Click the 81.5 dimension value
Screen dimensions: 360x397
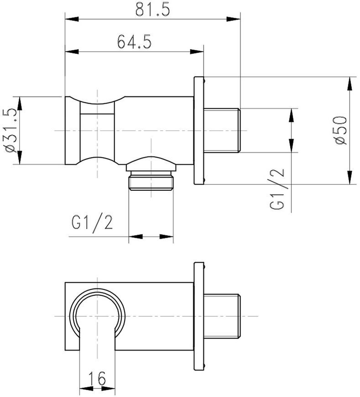pos(152,10)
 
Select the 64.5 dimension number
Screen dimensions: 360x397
pos(135,42)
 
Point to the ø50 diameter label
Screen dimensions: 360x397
pos(340,130)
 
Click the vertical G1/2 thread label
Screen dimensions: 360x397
pos(277,189)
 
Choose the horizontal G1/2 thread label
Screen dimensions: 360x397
pos(92,222)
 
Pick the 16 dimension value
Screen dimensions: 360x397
pos(97,378)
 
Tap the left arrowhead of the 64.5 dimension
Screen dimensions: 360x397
pos(72,52)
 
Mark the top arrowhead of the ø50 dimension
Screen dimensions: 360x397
pos(350,84)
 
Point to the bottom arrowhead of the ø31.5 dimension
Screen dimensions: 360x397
pos(20,158)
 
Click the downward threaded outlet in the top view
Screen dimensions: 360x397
pos(151,180)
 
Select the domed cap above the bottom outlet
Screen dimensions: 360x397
pos(151,163)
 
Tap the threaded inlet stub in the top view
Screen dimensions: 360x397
pos(222,131)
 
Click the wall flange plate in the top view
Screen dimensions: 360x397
pos(199,131)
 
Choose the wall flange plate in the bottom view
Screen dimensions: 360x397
pos(199,317)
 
